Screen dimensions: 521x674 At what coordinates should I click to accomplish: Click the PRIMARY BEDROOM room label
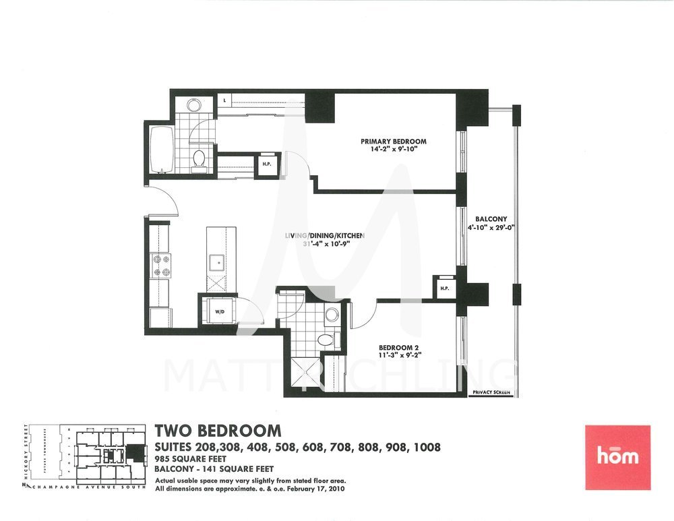(394, 142)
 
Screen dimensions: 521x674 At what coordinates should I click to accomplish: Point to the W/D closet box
(220, 311)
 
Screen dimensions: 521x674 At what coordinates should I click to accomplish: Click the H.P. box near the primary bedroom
(266, 164)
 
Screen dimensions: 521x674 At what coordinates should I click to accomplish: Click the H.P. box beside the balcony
(445, 288)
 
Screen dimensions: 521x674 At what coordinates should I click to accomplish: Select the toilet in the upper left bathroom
(199, 159)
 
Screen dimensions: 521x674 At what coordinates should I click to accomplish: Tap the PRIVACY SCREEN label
(491, 391)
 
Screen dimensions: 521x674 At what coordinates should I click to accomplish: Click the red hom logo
(618, 455)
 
